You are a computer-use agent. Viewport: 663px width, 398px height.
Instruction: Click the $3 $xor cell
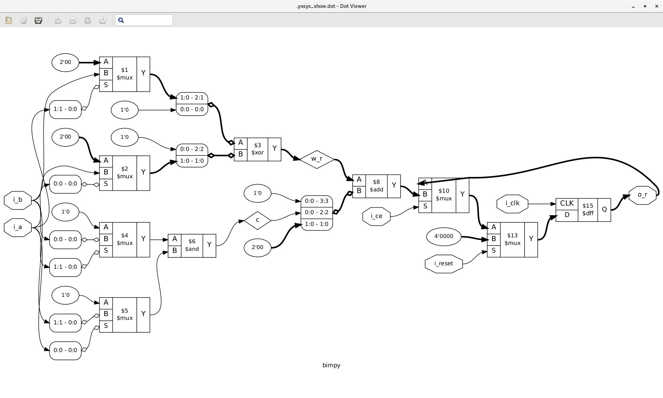tap(257, 149)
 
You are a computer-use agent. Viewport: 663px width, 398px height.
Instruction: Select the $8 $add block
tap(376, 186)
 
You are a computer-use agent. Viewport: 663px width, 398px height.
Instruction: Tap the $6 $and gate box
tap(192, 245)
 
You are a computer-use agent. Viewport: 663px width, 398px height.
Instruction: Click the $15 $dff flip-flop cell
tap(587, 210)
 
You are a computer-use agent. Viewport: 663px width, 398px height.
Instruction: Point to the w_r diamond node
tap(317, 159)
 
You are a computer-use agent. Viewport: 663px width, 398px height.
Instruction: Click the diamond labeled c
tap(257, 220)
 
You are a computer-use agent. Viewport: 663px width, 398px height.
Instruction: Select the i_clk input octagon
tap(512, 203)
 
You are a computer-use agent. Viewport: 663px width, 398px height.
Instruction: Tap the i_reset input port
tap(443, 264)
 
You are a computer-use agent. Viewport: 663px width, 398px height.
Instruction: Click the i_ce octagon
tap(376, 216)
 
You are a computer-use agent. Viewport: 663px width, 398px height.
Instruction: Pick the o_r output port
tap(642, 195)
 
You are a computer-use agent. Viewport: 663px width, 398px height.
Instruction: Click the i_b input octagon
tap(18, 200)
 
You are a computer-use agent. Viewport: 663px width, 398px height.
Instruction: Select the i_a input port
tap(18, 227)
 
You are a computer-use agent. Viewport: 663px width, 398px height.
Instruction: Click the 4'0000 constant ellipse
tap(443, 237)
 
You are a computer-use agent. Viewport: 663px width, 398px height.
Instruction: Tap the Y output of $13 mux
tap(531, 239)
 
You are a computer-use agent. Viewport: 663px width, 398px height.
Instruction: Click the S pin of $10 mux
tap(425, 206)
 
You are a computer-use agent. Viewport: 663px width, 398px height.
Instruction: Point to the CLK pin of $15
tap(567, 203)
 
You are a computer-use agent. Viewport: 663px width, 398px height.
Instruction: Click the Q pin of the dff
tap(604, 210)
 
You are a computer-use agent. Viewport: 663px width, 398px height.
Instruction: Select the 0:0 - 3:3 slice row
tap(316, 201)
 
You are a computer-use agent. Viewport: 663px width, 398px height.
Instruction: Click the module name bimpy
tap(331, 366)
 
